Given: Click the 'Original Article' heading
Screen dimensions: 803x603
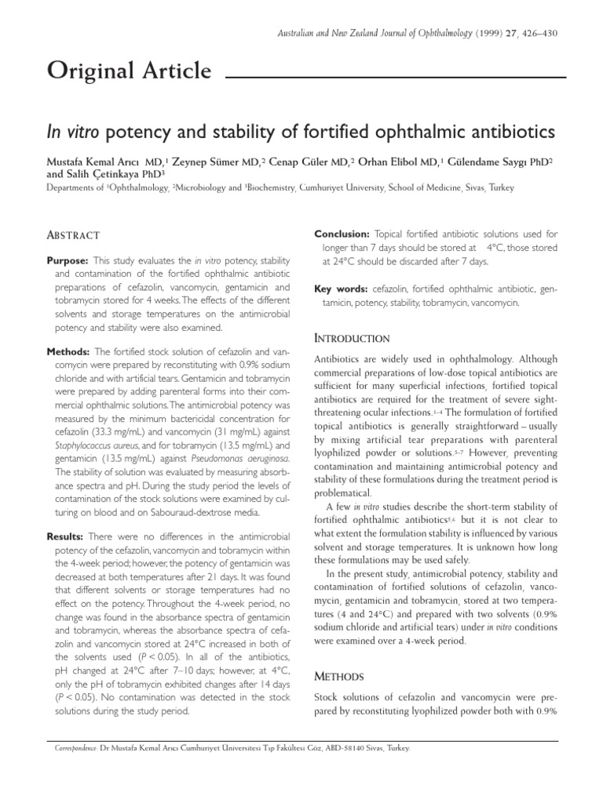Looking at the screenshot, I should click(x=129, y=72).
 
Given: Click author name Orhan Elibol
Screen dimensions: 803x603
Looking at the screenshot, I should click(x=390, y=162).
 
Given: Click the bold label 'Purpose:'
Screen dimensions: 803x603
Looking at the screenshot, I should click(x=68, y=260).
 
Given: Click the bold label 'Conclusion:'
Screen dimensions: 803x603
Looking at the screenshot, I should click(x=342, y=234).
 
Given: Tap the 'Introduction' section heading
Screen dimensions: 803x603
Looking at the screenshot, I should click(x=352, y=338).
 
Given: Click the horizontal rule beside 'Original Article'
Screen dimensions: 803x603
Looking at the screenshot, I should click(x=396, y=78).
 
